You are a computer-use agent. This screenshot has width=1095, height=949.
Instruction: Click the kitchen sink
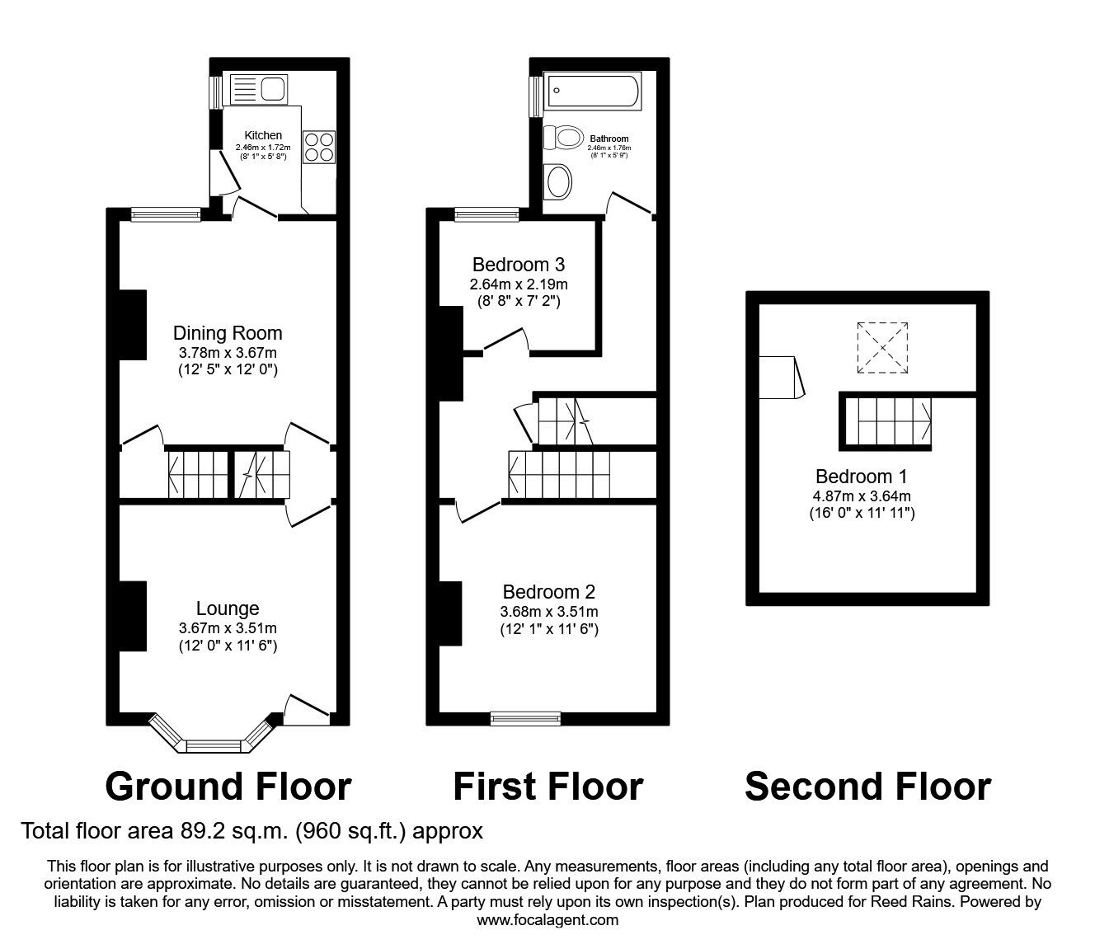[257, 88]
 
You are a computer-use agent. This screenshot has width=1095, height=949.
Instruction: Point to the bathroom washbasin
[559, 181]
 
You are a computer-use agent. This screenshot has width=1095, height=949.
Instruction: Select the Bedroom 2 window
[525, 718]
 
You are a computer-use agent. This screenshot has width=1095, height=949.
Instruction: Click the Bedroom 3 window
[486, 215]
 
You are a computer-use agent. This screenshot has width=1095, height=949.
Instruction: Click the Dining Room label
[228, 333]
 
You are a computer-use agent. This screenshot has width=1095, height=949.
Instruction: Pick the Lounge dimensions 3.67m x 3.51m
[228, 628]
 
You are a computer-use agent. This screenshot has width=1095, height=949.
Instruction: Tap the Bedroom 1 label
[854, 477]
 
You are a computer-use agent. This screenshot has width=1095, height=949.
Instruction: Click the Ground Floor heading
[228, 787]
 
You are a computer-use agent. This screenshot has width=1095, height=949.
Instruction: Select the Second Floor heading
[867, 787]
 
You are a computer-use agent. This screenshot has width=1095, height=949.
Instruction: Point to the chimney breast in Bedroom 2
[450, 613]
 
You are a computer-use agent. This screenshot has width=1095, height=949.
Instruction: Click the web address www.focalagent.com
[547, 920]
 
